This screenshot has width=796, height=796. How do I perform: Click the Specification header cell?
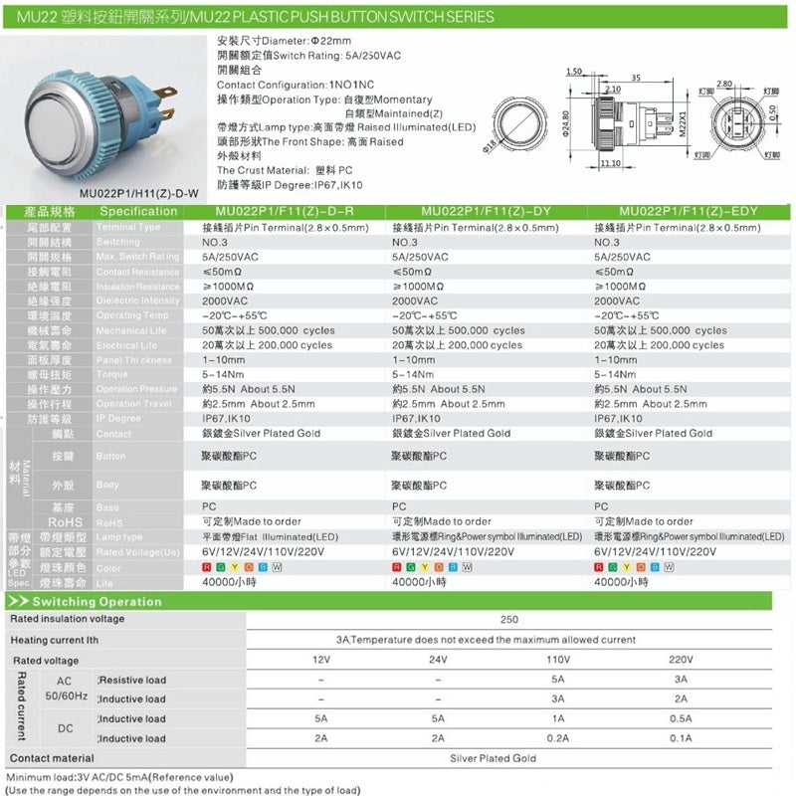(x=139, y=212)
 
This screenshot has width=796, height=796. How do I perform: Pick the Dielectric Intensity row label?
(x=137, y=300)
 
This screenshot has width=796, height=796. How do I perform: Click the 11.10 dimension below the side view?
(x=610, y=163)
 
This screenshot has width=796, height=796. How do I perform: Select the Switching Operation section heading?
(x=97, y=601)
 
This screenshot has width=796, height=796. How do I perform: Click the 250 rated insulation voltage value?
(x=509, y=619)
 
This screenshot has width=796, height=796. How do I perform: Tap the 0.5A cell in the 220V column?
(x=681, y=718)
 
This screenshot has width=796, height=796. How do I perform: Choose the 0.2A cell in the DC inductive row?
(x=558, y=738)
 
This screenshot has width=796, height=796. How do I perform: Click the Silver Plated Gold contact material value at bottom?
(x=507, y=758)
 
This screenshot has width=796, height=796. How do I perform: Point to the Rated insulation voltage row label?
(x=67, y=619)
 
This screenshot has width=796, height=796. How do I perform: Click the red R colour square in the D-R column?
(x=206, y=567)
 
